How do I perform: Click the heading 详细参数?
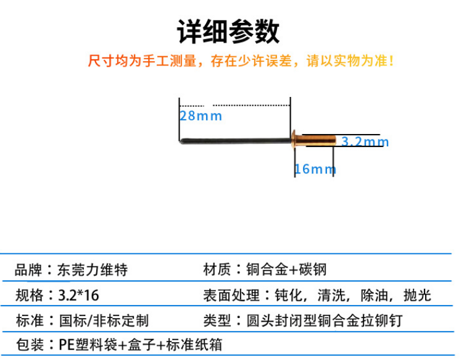(228, 31)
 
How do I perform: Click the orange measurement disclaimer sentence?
(241, 62)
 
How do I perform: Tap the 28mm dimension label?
(201, 115)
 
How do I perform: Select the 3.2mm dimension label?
(365, 141)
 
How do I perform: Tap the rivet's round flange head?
(295, 138)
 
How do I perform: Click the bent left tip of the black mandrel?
(181, 141)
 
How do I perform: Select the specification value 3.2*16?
(77, 295)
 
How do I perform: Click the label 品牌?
(28, 270)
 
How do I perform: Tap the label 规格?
(28, 295)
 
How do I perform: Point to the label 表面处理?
(225, 295)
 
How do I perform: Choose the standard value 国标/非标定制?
(102, 320)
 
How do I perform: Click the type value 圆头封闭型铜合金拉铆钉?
(321, 320)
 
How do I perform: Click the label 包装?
(28, 345)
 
